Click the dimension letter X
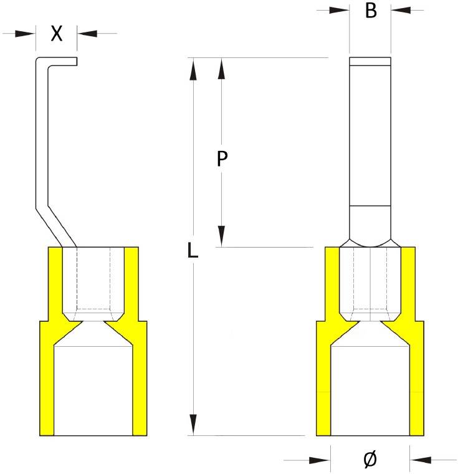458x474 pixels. pyautogui.click(x=57, y=34)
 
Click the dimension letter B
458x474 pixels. pyautogui.click(x=371, y=11)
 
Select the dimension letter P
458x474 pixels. pyautogui.click(x=221, y=159)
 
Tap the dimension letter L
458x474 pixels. pyautogui.click(x=193, y=251)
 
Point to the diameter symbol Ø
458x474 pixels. pyautogui.click(x=370, y=460)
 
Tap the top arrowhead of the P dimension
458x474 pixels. pyautogui.click(x=221, y=69)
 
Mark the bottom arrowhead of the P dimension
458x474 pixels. pyautogui.click(x=221, y=236)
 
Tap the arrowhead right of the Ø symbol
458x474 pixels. pyautogui.click(x=421, y=460)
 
